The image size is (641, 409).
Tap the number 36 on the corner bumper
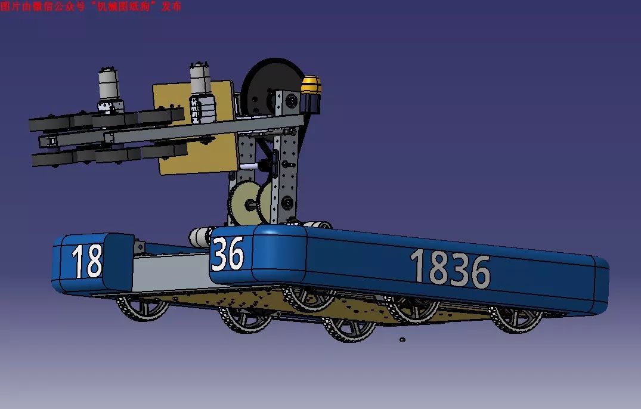tap(228, 254)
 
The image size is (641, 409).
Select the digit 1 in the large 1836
tap(418, 265)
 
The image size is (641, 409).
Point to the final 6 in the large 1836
tap(481, 272)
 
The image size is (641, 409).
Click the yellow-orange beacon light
tap(311, 85)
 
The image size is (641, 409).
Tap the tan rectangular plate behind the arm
tap(196, 126)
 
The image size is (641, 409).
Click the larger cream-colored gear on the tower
tap(244, 203)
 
